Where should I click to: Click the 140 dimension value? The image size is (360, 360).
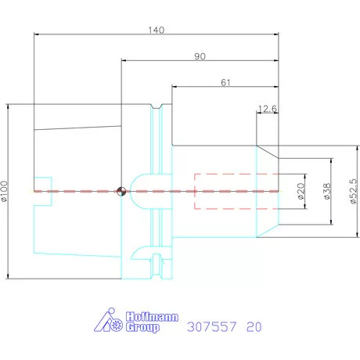(157, 30)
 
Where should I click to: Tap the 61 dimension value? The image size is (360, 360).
(225, 81)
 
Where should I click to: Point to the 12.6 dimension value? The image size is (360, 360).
(268, 109)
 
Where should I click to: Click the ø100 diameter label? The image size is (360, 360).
(6, 190)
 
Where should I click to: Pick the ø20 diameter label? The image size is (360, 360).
(301, 190)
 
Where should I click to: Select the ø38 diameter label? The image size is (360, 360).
(326, 190)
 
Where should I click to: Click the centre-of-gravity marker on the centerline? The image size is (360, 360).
(121, 191)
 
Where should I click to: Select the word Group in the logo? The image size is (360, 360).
(142, 328)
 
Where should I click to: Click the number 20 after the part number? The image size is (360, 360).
(254, 326)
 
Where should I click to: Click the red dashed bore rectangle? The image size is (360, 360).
(236, 191)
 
